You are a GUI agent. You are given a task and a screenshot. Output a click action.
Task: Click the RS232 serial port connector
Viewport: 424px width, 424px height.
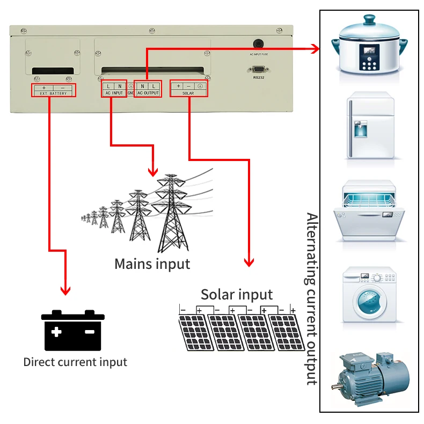pos(257,69)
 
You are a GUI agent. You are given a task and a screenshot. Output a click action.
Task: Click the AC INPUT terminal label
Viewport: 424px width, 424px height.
pos(113,93)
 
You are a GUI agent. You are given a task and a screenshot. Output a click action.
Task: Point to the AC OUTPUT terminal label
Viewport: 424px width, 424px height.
pos(148,93)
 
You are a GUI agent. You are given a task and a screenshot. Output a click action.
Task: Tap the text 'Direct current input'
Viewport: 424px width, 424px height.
pos(75,362)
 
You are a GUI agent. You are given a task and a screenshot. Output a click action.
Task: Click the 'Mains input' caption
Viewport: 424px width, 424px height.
pos(152,264)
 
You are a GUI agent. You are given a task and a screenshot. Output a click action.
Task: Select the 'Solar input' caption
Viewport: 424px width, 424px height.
pos(237,294)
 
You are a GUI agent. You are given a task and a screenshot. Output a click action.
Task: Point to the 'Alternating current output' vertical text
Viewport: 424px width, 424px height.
pos(311,298)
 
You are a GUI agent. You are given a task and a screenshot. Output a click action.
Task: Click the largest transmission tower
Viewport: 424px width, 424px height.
pos(171,215)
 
